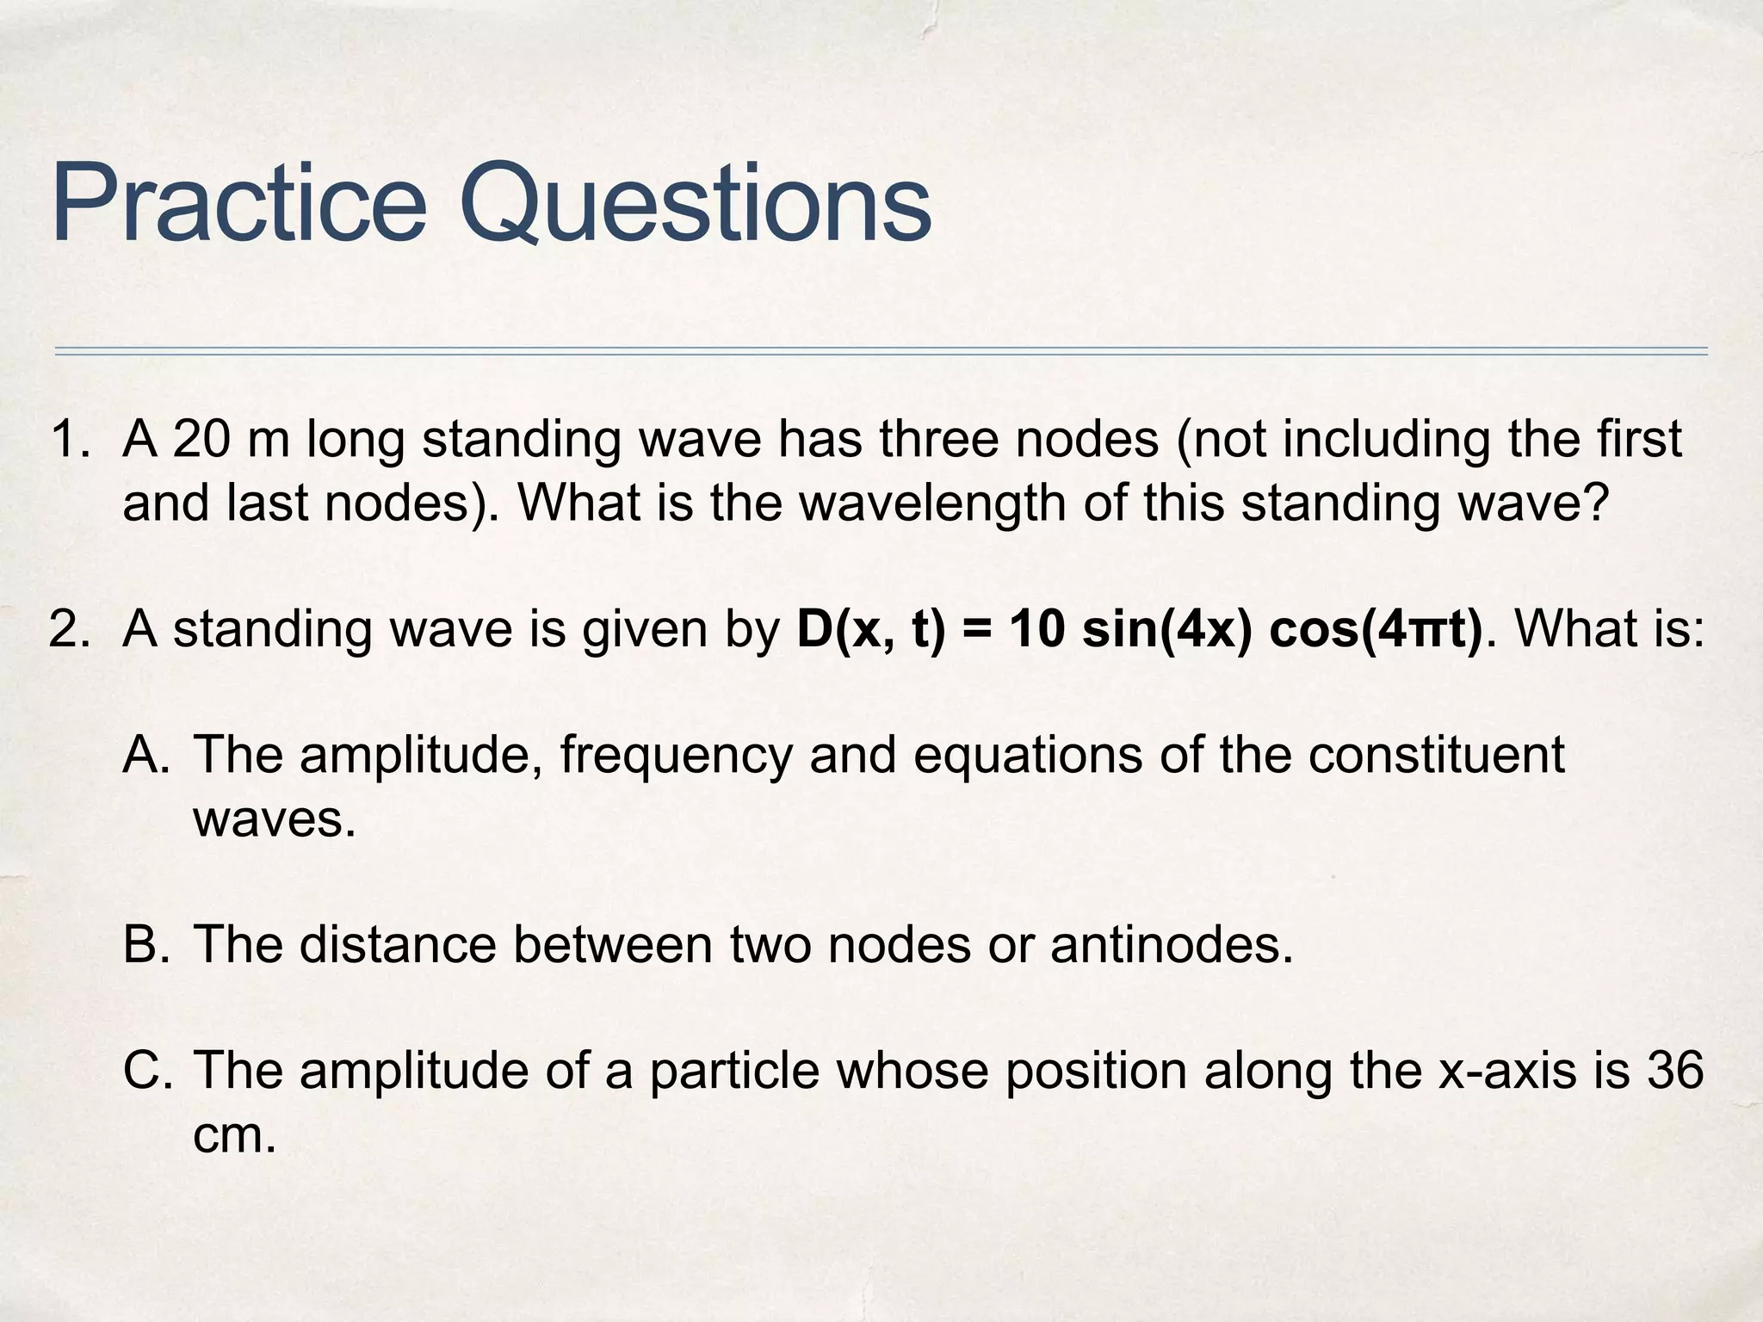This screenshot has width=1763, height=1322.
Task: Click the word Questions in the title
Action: click(696, 205)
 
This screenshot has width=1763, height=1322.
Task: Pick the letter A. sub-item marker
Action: click(147, 756)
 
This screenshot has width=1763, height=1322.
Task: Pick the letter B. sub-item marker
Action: click(147, 945)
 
